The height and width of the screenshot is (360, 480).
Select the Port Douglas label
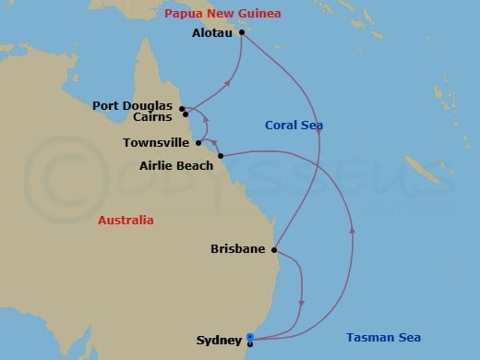(x=146, y=105)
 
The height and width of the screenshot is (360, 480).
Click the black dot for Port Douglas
(x=182, y=107)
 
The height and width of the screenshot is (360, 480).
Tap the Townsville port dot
(x=198, y=143)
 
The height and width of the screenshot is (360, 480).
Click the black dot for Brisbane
(x=274, y=249)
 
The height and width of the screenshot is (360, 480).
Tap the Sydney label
(x=219, y=340)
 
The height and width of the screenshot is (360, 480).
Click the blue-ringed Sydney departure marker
(x=250, y=337)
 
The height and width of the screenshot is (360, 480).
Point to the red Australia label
(x=127, y=221)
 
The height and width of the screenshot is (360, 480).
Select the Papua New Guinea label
(x=222, y=13)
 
